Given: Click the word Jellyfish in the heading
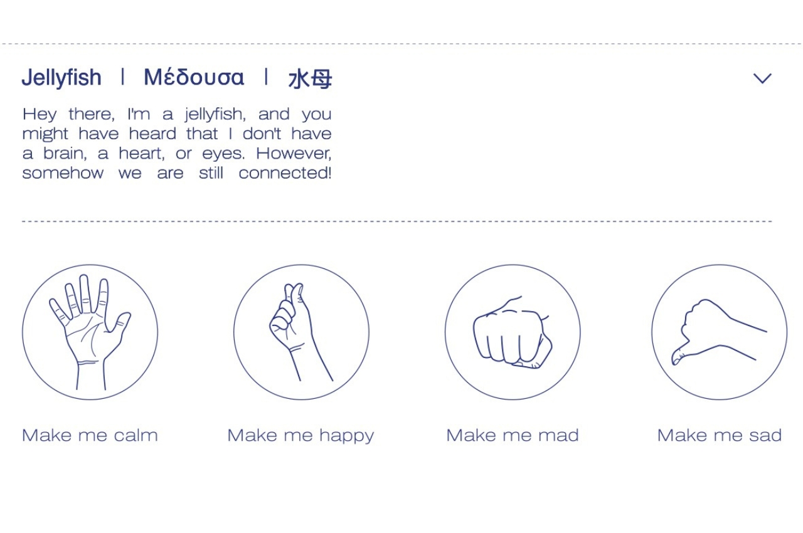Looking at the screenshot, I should click(x=61, y=78).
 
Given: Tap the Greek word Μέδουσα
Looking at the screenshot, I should click(x=194, y=78).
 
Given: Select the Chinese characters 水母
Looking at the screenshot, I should click(x=310, y=79).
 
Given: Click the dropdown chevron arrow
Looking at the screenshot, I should click(x=762, y=78).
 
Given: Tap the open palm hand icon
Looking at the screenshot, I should click(x=90, y=332).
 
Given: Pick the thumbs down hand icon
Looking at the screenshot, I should click(x=719, y=332).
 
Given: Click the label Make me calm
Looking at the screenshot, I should click(x=90, y=435).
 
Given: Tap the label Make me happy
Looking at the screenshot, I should click(x=300, y=435).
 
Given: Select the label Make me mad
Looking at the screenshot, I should click(x=512, y=435).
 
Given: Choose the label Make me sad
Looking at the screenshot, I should click(x=719, y=435).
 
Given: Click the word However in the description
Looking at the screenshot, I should click(x=294, y=154).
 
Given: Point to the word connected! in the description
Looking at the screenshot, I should click(x=285, y=173).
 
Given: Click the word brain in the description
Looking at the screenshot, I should click(x=66, y=154).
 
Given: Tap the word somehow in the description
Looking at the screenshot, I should click(x=63, y=173).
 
